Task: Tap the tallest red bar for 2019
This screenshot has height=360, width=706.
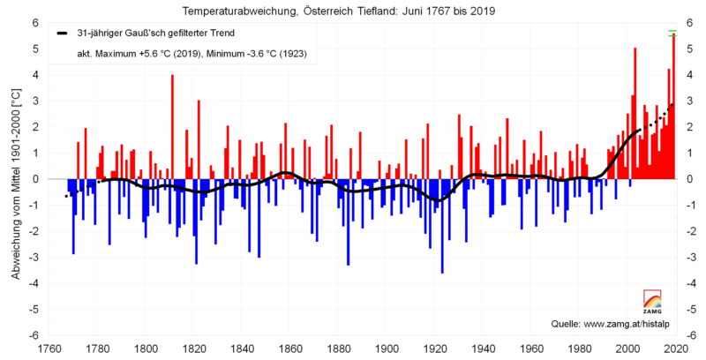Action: pyautogui.click(x=673, y=106)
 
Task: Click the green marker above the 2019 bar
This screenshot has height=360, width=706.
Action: pyautogui.click(x=672, y=33)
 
